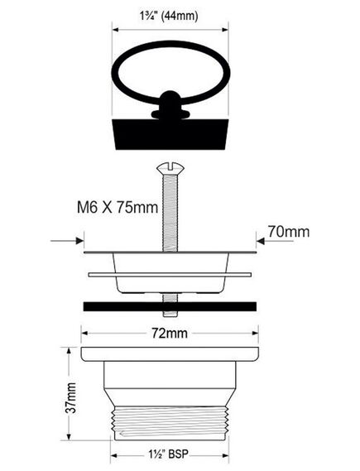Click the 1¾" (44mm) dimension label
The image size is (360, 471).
(x=169, y=16)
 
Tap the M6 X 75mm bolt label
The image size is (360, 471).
(x=118, y=207)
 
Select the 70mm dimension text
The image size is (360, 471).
(x=289, y=232)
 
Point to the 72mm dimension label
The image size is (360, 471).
(x=170, y=333)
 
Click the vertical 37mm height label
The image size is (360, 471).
(x=71, y=397)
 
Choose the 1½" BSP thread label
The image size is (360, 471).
(x=169, y=454)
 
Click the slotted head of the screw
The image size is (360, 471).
(x=170, y=168)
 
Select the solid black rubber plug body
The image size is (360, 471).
(x=170, y=134)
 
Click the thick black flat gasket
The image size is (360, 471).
(x=170, y=306)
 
